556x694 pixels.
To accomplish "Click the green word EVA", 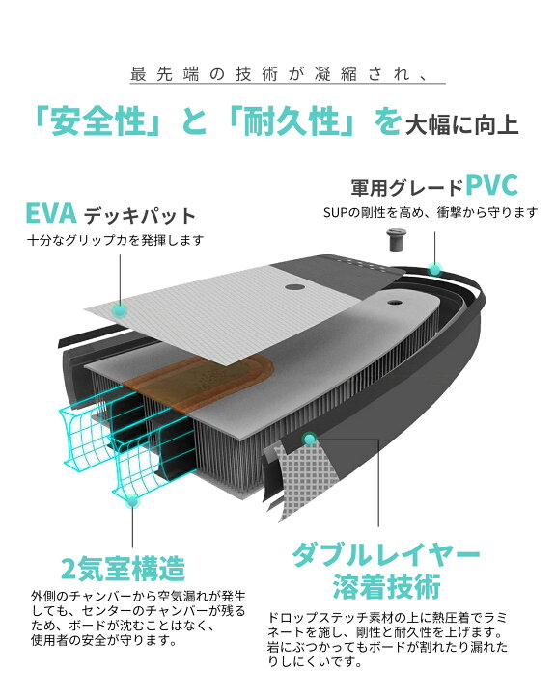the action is [51, 213].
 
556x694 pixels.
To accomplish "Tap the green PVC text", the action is [491, 186].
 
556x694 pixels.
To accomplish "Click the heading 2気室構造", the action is [123, 569].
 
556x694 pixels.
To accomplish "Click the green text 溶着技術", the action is [386, 586].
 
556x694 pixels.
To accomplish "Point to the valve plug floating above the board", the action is [395, 240].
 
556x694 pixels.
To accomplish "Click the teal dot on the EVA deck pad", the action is [119, 310].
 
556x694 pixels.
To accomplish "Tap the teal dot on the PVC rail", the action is [435, 269].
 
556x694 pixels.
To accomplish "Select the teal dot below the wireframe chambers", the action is [132, 502].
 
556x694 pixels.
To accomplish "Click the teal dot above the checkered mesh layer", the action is [310, 439].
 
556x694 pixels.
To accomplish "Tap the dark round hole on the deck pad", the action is [292, 287].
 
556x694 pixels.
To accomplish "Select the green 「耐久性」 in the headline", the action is [291, 121].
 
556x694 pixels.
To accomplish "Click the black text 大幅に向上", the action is [462, 124].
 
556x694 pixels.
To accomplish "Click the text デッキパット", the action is [140, 216].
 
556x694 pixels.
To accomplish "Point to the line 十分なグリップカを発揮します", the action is [116, 240].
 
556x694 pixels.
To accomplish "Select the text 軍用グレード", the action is [406, 188].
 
